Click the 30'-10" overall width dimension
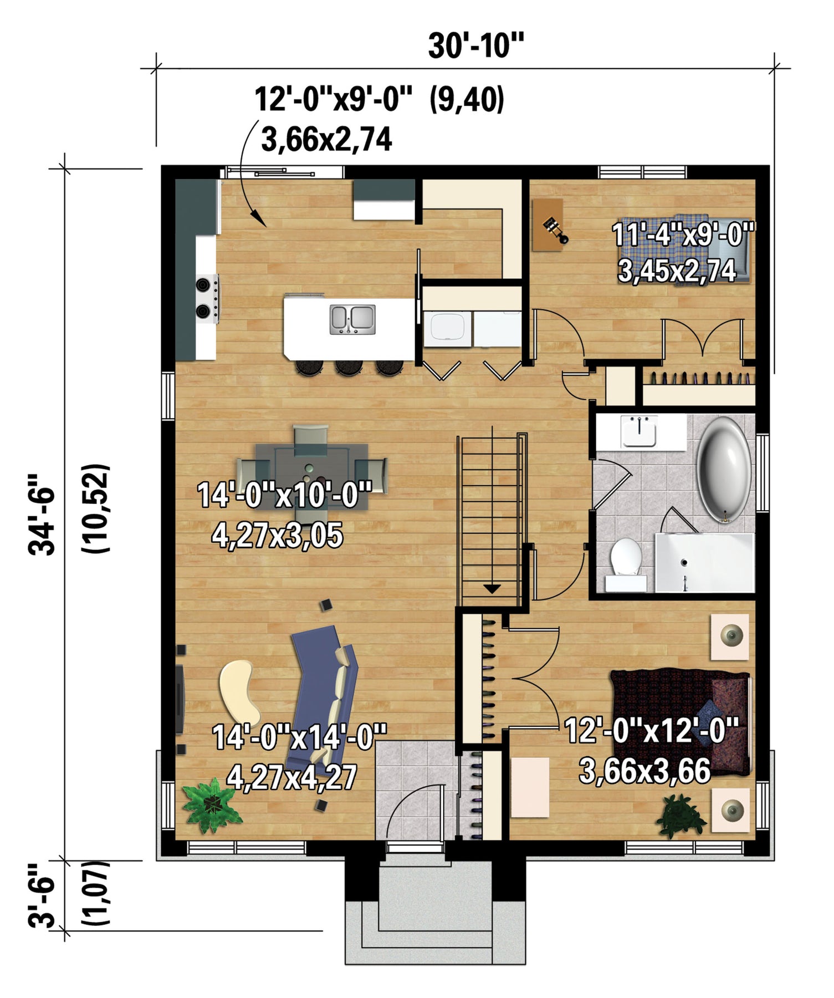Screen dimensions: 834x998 475,45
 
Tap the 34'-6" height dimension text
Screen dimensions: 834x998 43,515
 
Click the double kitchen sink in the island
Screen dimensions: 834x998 352,320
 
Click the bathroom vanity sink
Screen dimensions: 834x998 639,431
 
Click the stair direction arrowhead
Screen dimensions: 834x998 492,589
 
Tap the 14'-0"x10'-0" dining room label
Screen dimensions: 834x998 284,495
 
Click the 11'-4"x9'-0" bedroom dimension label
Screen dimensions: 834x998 684,235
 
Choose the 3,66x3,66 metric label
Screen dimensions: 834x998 644,771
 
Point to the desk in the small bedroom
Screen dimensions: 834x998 548,225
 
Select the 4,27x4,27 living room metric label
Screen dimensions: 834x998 292,777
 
